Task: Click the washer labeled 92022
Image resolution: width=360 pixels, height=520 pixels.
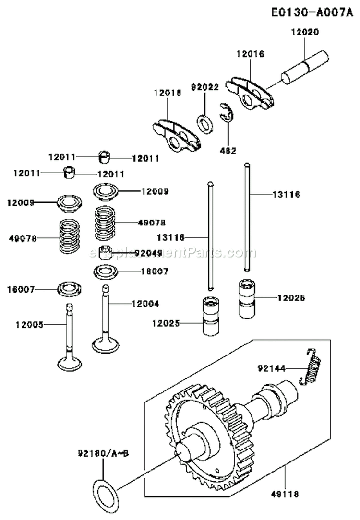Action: click(206, 122)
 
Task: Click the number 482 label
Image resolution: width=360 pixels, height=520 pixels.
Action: click(228, 151)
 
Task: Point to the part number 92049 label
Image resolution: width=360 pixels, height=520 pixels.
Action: click(149, 252)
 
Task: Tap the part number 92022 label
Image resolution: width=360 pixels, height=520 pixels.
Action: click(204, 87)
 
